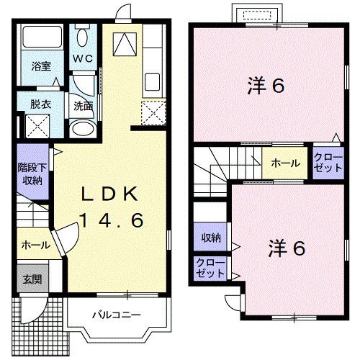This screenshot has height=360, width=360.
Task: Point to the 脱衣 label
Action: click(x=40, y=103)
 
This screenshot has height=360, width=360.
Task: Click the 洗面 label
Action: click(x=83, y=105)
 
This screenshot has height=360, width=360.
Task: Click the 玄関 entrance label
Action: click(x=30, y=280)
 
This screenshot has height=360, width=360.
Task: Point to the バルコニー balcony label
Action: click(x=116, y=315)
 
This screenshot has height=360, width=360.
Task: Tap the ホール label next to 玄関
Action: click(x=36, y=245)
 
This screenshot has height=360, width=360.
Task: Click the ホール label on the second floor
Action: click(x=286, y=163)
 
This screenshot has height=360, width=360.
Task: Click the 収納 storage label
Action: click(x=210, y=237)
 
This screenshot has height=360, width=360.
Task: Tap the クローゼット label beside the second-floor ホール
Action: click(x=328, y=161)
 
